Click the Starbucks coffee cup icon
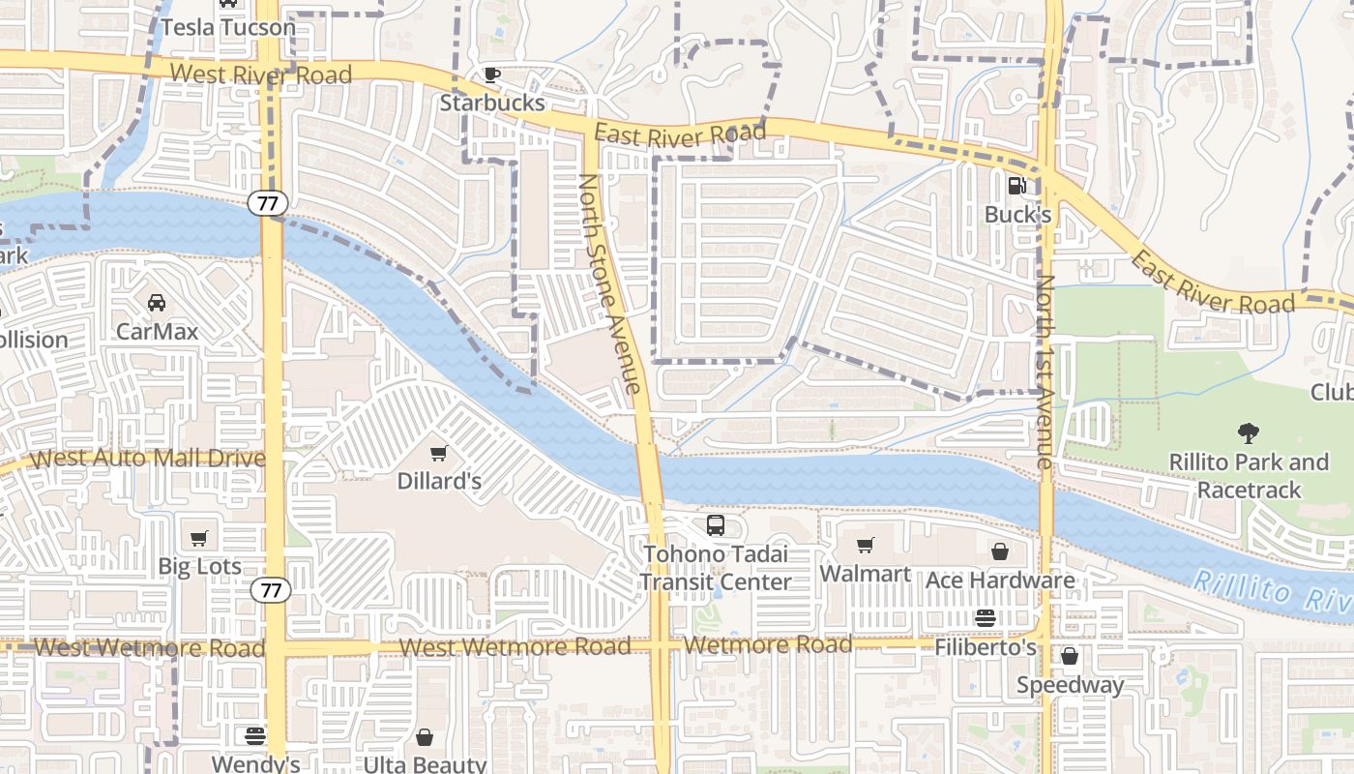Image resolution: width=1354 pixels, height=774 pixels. click(x=492, y=74)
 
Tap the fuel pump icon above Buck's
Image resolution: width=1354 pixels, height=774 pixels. click(x=1016, y=186)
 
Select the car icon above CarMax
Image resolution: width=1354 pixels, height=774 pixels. click(x=157, y=303)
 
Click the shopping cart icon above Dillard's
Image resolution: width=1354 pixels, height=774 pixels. click(x=439, y=453)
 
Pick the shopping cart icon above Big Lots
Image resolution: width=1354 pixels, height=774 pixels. click(x=199, y=538)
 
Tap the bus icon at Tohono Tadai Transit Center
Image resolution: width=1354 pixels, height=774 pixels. click(x=716, y=525)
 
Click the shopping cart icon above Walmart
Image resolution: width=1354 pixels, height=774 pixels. click(x=866, y=546)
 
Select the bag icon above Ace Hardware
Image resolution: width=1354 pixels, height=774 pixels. click(x=1000, y=551)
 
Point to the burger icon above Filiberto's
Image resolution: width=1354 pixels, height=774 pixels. click(x=986, y=618)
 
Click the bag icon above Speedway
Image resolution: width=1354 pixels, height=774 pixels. click(x=1070, y=656)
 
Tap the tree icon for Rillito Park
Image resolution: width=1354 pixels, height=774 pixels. click(x=1249, y=433)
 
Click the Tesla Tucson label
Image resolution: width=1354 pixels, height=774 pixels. click(x=228, y=27)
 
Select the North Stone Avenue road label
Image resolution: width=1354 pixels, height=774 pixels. click(x=610, y=283)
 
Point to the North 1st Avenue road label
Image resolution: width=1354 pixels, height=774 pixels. click(x=1045, y=372)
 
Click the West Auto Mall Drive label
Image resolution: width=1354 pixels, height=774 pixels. click(x=148, y=459)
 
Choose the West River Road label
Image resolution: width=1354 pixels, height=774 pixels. click(x=261, y=74)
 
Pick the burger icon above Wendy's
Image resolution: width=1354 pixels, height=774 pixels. click(x=255, y=735)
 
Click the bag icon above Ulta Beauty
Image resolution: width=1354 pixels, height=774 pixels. click(x=425, y=737)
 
